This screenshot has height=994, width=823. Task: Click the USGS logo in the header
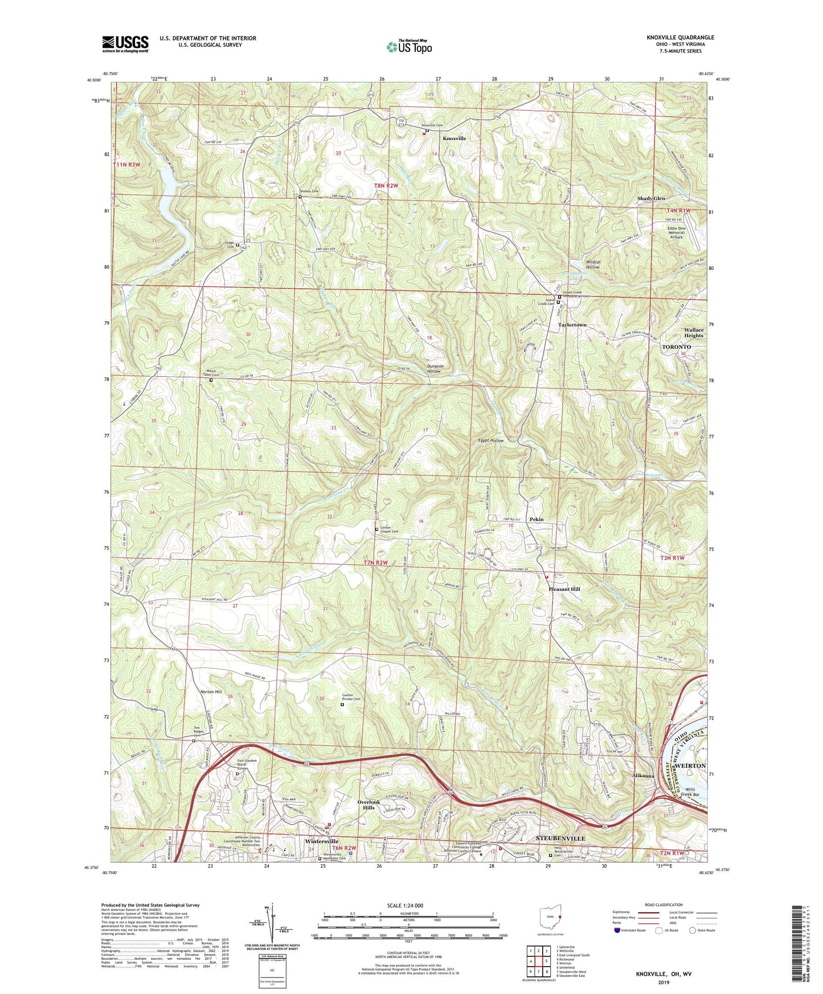[x=125, y=43]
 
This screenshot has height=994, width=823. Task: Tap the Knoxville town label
[x=454, y=138]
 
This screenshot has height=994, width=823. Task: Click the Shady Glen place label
[x=650, y=199]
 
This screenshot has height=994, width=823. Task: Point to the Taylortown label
[x=571, y=325]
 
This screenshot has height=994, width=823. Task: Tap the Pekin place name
[x=536, y=519]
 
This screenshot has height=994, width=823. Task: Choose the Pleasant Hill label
[x=564, y=589]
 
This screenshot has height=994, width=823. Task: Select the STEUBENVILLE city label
[x=560, y=839]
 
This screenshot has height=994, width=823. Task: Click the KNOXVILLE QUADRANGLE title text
[x=680, y=38]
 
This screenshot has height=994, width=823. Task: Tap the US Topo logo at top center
[x=408, y=47]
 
